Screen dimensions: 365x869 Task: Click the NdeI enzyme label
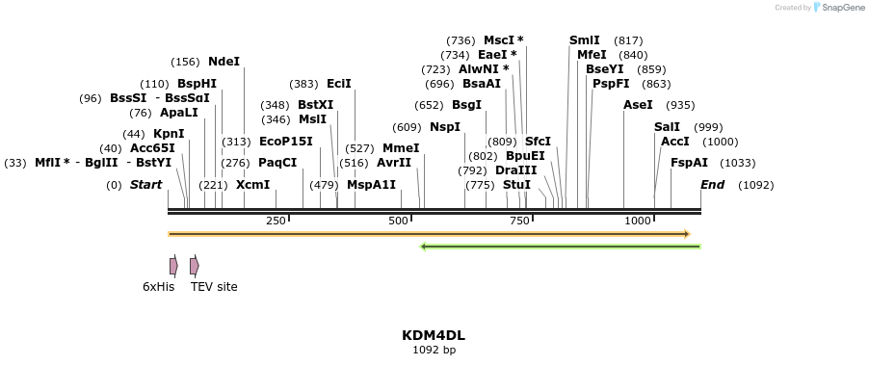click(224, 62)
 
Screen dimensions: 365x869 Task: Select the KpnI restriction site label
click(169, 134)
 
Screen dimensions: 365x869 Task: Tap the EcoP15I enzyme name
click(286, 142)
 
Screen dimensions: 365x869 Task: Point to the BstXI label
click(315, 105)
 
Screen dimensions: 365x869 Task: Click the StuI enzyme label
click(516, 185)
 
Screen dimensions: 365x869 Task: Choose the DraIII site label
click(515, 170)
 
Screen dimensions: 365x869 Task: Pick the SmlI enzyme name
click(584, 40)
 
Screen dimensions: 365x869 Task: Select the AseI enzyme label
click(638, 105)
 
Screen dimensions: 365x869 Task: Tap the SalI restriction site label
click(667, 127)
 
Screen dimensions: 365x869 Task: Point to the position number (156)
click(185, 62)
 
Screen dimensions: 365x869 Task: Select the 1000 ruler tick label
click(638, 222)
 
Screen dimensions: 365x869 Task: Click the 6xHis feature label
click(158, 287)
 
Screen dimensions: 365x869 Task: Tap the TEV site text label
click(214, 287)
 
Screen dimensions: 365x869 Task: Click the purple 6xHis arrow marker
click(173, 265)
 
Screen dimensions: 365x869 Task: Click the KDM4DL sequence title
click(434, 335)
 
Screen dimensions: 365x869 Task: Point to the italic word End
click(712, 185)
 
